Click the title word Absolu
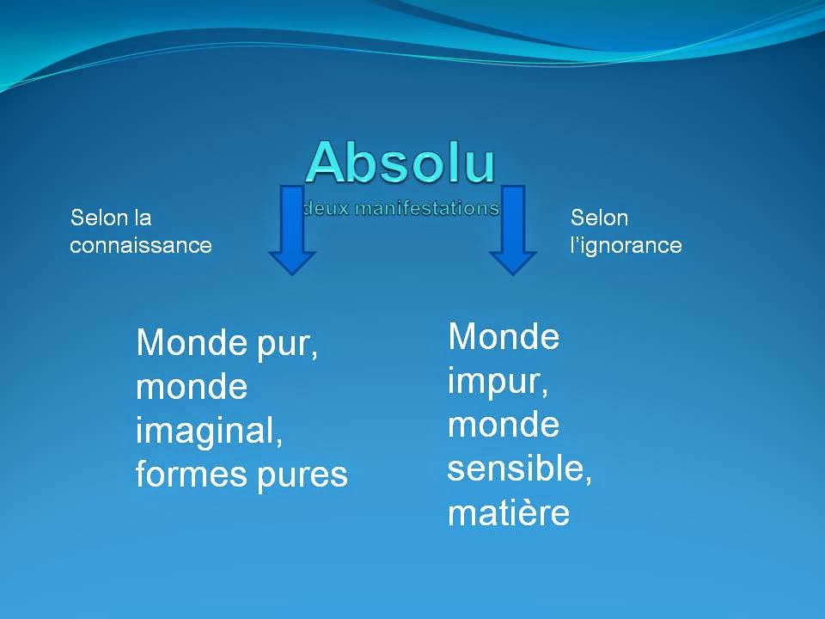click(400, 162)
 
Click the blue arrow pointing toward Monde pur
click(292, 230)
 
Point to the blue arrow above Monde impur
click(513, 230)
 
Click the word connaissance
click(140, 245)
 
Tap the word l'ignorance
click(626, 245)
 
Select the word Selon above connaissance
click(99, 218)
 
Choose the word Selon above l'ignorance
click(599, 218)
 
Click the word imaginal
click(210, 432)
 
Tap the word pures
click(302, 477)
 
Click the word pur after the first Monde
click(287, 346)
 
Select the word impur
click(498, 382)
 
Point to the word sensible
click(520, 468)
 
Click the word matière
click(509, 512)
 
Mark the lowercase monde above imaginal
click(192, 387)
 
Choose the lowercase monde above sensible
click(504, 424)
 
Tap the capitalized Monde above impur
click(504, 336)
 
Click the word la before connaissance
click(142, 218)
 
